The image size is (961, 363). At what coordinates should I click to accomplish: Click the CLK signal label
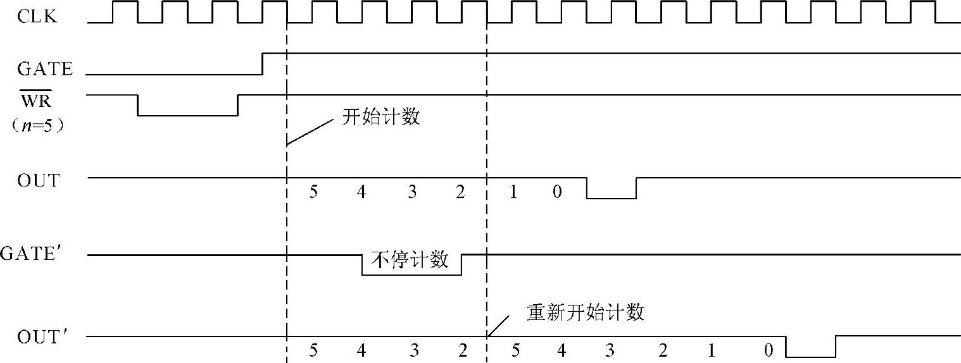[37, 16]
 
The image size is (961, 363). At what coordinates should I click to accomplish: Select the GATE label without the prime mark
[44, 69]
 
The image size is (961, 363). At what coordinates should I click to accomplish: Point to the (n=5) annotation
[39, 125]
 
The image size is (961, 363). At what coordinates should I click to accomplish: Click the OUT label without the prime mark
[38, 181]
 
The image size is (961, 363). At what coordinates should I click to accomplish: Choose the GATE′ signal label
[37, 254]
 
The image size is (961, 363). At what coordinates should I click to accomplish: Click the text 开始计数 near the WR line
[381, 117]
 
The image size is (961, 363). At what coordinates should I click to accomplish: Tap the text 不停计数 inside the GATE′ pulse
[410, 260]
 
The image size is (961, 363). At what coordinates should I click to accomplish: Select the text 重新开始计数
[585, 312]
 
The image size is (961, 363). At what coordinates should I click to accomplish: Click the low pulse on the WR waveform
[187, 115]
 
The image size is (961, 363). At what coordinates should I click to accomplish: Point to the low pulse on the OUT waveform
[612, 198]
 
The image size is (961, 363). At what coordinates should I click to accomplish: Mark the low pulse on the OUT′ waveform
[810, 356]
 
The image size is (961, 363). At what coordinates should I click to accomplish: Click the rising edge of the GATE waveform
[262, 64]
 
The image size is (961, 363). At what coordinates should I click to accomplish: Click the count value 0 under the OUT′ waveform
[768, 350]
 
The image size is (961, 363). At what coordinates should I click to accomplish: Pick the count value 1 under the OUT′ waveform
[712, 350]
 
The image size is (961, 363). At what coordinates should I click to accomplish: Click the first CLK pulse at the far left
[125, 11]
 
